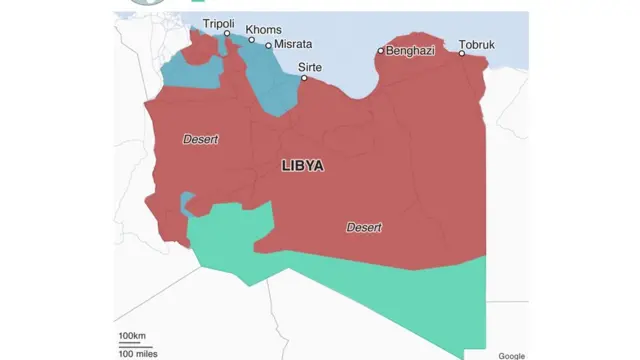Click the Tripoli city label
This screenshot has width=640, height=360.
(219, 22)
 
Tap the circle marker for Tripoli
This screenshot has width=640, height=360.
(227, 34)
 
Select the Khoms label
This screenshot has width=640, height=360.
(263, 30)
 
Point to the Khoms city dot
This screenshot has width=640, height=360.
(252, 41)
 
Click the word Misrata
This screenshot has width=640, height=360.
(293, 45)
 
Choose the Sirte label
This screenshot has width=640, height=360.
(310, 67)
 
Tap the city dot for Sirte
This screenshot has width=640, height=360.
(305, 77)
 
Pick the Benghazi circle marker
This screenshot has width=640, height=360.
(381, 50)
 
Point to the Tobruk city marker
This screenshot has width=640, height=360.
(462, 54)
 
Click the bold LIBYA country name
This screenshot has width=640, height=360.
(302, 166)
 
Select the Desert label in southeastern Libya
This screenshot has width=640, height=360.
(364, 228)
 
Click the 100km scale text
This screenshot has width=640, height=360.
(132, 334)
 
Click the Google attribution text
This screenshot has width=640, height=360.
(511, 354)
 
